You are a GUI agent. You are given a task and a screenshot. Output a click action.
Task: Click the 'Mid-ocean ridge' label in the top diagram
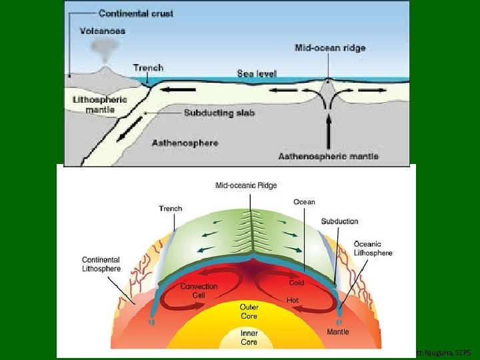click(330, 48)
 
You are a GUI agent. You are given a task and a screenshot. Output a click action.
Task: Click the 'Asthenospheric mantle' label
click(329, 157)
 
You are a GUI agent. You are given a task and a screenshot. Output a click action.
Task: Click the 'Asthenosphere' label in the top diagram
click(185, 143)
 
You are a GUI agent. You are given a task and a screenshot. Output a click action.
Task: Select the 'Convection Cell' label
click(199, 291)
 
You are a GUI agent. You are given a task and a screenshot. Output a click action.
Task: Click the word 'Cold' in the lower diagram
click(297, 283)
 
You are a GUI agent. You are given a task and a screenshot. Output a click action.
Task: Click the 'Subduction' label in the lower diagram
click(339, 221)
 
